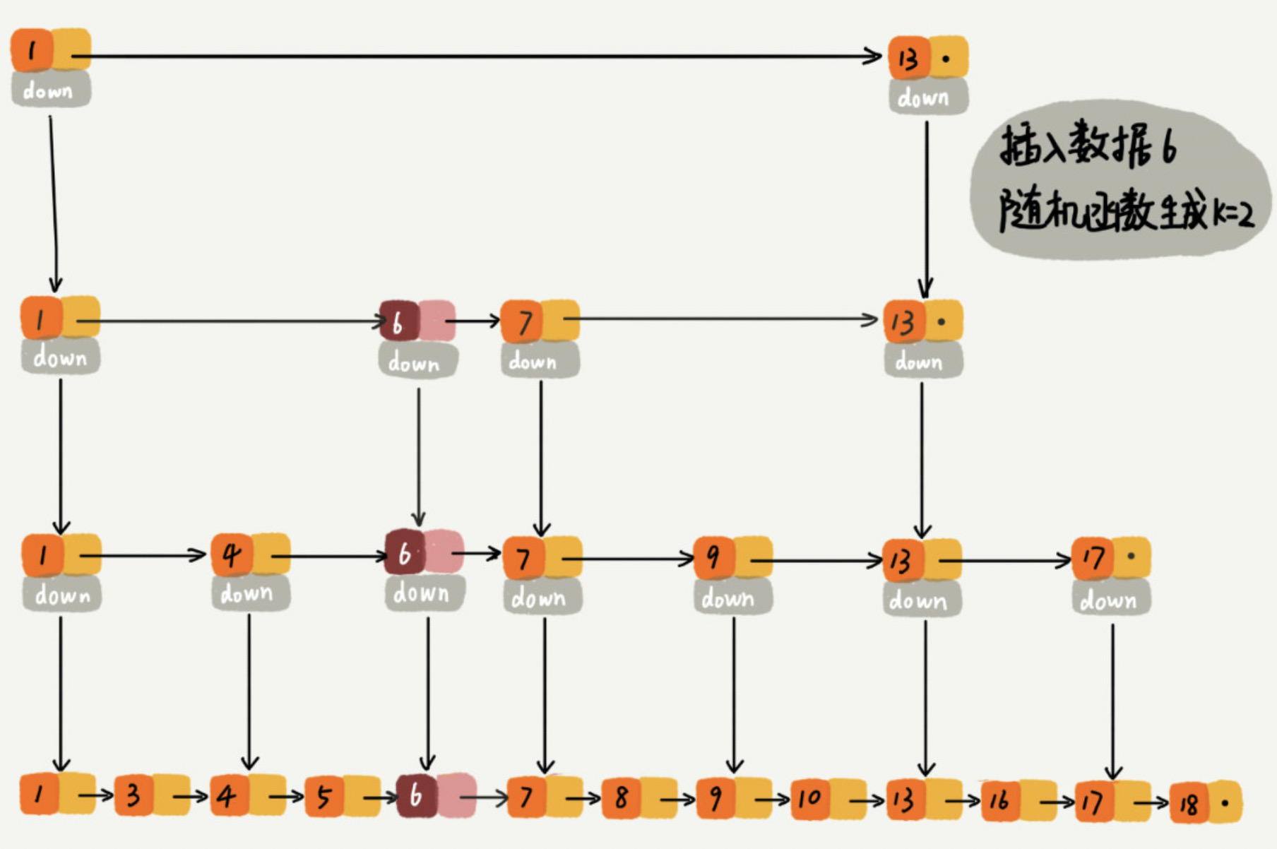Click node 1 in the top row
31,51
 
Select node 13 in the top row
908,58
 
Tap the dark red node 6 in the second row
398,323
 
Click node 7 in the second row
523,322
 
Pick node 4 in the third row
231,556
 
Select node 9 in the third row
713,558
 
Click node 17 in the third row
1092,559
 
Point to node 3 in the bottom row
133,796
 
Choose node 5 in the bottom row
323,797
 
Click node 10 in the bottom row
809,799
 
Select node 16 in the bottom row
999,800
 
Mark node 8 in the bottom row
621,798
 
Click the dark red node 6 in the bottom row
416,796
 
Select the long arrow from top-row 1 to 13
480,56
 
